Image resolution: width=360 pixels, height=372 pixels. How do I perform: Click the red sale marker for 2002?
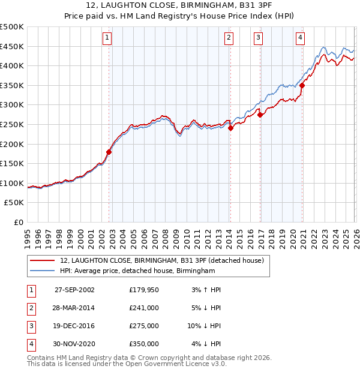pyautogui.click(x=109, y=152)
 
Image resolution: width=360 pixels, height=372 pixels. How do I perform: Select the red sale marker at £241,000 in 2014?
pyautogui.click(x=230, y=128)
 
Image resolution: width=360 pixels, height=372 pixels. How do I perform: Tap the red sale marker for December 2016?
pyautogui.click(x=260, y=115)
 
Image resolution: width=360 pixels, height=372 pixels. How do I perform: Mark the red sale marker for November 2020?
pyautogui.click(x=302, y=85)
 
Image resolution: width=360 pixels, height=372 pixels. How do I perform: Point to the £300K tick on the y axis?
pyautogui.click(x=12, y=105)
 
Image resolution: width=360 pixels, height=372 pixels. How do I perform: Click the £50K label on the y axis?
pyautogui.click(x=14, y=203)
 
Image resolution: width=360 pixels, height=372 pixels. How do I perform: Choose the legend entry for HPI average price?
pyautogui.click(x=137, y=271)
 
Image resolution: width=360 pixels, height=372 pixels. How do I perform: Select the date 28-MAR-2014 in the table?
pyautogui.click(x=74, y=307)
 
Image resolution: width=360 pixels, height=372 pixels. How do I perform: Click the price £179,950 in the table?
pyautogui.click(x=143, y=289)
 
